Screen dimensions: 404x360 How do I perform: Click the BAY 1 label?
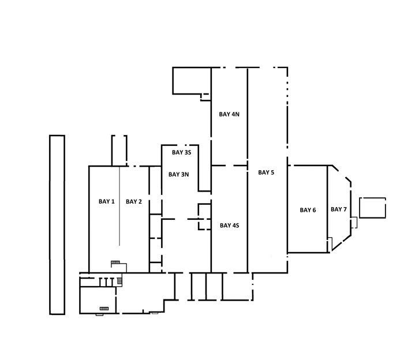coord(107,201)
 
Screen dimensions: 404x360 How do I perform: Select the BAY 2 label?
coord(134,201)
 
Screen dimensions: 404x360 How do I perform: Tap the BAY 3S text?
coord(182,152)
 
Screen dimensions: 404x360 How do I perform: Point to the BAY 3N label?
coord(178,174)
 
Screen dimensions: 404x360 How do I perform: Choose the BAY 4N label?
coord(229,114)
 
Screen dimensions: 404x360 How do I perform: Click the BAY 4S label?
coord(229,226)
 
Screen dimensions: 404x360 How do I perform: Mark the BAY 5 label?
coord(266,172)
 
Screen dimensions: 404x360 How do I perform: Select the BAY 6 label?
coord(308,210)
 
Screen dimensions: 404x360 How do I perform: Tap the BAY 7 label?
coord(339,209)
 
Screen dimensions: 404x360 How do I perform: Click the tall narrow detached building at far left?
coord(57,225)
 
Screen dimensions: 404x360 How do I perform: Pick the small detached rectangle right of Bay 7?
coord(373,208)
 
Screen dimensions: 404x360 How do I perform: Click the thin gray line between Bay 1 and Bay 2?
coord(119,206)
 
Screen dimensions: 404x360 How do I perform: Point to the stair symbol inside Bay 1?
coord(115,262)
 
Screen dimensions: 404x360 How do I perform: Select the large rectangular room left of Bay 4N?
coord(192,81)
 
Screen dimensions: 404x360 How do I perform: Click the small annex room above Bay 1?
coord(119,151)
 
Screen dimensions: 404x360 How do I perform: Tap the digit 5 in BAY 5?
coord(272,172)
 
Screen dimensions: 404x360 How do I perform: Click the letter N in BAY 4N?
coord(237,114)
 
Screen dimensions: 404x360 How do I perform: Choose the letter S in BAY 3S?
coord(189,152)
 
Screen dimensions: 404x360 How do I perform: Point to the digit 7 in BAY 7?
coord(345,209)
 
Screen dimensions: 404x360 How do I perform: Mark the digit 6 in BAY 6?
coord(314,210)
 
